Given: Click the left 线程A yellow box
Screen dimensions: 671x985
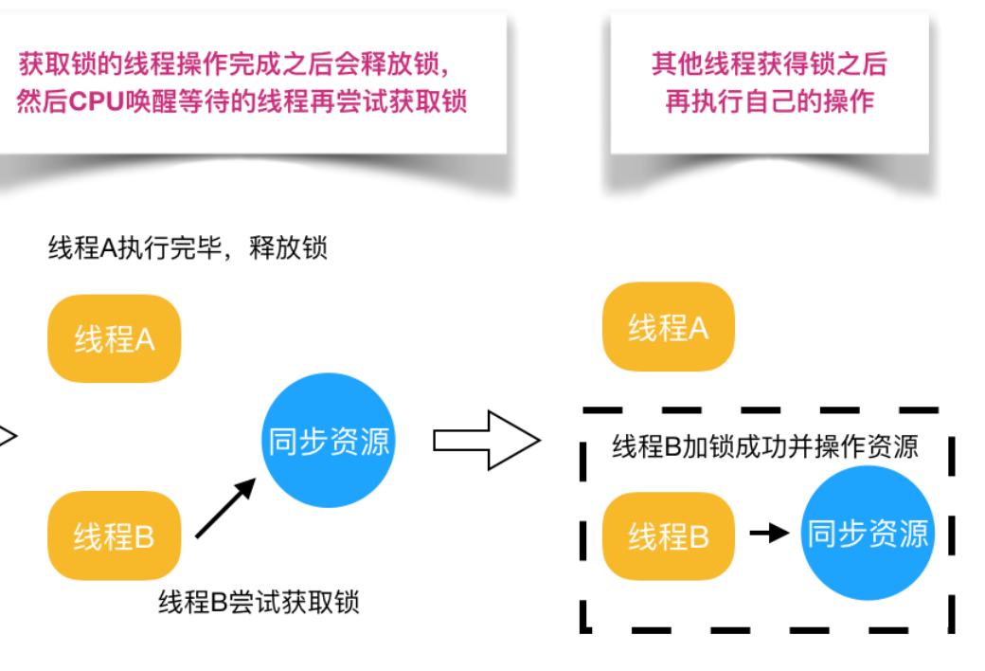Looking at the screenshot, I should pyautogui.click(x=114, y=338).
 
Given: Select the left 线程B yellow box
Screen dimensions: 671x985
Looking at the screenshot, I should pyautogui.click(x=114, y=536).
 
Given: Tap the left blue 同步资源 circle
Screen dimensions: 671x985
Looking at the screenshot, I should pyautogui.click(x=329, y=441).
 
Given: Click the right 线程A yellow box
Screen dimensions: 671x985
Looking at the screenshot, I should pyautogui.click(x=669, y=327).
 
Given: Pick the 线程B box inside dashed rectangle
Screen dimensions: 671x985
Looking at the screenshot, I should pyautogui.click(x=669, y=536).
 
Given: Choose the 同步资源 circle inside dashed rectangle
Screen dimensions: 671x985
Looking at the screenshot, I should pyautogui.click(x=867, y=534).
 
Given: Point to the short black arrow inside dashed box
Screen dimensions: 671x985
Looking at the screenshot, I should pyautogui.click(x=769, y=534).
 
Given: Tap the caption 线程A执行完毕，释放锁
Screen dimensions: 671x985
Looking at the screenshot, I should pyautogui.click(x=188, y=248).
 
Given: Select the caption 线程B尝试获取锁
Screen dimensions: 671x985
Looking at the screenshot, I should pyautogui.click(x=259, y=602).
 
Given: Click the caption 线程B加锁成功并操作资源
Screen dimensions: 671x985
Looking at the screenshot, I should pyautogui.click(x=765, y=446).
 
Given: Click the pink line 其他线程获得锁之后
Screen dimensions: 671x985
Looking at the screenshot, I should pyautogui.click(x=769, y=64).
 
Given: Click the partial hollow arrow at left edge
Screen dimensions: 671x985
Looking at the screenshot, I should pyautogui.click(x=8, y=438).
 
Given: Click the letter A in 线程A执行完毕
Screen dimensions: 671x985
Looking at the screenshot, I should pyautogui.click(x=107, y=248).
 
